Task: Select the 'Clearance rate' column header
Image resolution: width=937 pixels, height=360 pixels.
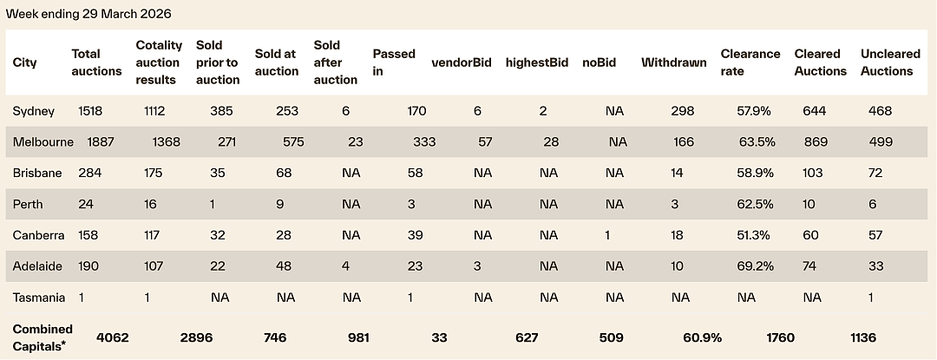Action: pyautogui.click(x=750, y=62)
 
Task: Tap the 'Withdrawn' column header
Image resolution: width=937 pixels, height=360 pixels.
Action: pyautogui.click(x=673, y=62)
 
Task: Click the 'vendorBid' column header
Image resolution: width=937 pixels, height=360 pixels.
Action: pyautogui.click(x=462, y=62)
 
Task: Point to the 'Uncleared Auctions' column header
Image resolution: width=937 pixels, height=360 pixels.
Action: pyautogui.click(x=890, y=62)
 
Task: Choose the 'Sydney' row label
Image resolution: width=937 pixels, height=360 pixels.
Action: pyautogui.click(x=34, y=111)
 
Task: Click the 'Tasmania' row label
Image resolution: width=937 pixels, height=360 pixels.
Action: pyautogui.click(x=39, y=298)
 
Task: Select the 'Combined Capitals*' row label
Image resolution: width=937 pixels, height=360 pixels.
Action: pyautogui.click(x=43, y=337)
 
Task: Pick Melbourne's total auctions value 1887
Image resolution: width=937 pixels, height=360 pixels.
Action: pyautogui.click(x=101, y=142)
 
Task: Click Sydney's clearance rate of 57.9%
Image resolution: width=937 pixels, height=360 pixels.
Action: pyautogui.click(x=755, y=111)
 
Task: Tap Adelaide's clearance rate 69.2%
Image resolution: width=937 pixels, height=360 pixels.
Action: pyautogui.click(x=755, y=266)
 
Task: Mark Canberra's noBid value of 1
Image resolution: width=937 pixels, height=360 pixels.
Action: pyautogui.click(x=607, y=235)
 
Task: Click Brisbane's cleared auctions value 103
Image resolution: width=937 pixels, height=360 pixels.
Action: pyautogui.click(x=813, y=173)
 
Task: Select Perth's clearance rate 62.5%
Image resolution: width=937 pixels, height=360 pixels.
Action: pyautogui.click(x=755, y=204)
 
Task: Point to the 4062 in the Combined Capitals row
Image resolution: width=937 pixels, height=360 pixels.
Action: pyautogui.click(x=112, y=338)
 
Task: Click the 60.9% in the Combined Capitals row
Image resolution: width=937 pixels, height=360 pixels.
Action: pyautogui.click(x=702, y=338)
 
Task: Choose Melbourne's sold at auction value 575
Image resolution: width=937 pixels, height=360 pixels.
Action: pyautogui.click(x=293, y=142)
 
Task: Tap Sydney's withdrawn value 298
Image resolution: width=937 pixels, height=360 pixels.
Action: pyautogui.click(x=683, y=111)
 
